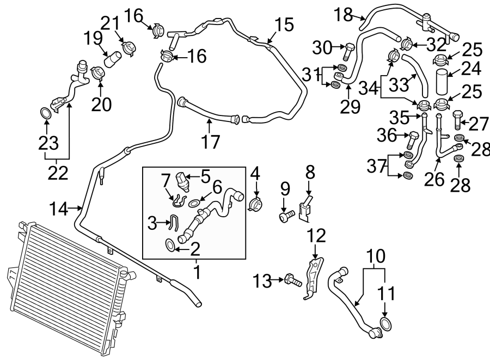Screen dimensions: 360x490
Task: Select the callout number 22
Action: [x=58, y=173]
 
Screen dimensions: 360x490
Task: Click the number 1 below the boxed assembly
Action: [x=197, y=271]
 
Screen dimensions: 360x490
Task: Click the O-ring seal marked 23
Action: [x=46, y=114]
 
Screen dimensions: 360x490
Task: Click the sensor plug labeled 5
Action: [x=183, y=180]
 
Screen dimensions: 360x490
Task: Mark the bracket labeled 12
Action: [x=313, y=279]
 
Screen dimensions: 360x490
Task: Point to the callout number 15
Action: [x=284, y=25]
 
